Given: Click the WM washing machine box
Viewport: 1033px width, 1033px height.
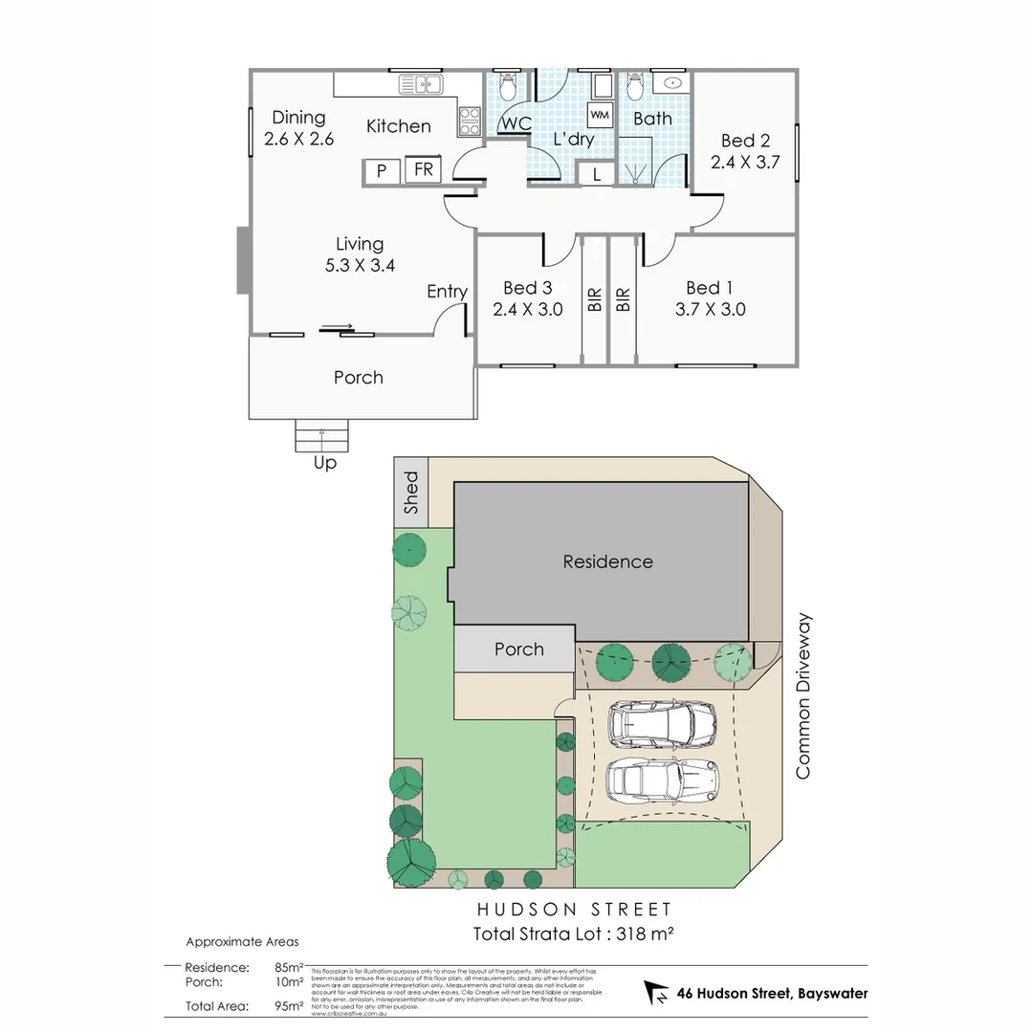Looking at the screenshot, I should point(600,115).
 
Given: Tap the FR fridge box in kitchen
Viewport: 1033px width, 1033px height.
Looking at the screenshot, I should point(423,171).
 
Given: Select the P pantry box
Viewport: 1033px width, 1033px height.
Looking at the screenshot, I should point(382,172).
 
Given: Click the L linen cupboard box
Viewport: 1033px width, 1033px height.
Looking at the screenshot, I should point(597,174).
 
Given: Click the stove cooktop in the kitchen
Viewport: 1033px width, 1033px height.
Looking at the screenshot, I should point(470,121).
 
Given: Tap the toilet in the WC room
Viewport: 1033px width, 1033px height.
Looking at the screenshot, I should point(508,87).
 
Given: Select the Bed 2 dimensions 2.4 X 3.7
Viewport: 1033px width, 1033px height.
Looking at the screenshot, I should point(745,163).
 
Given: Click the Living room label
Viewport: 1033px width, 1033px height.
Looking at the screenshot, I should point(360,244).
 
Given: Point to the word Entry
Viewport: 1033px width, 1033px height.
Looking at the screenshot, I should point(447,292).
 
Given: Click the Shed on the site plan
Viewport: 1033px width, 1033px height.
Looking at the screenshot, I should point(411,492).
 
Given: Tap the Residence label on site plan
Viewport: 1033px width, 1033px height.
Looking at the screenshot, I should point(607,561).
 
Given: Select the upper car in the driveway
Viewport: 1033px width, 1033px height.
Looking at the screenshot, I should point(662,724).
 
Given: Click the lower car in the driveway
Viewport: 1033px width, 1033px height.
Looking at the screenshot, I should point(662,780).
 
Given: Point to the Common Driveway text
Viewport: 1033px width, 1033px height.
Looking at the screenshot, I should point(802,695).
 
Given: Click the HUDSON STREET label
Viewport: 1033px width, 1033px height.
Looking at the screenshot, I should point(574,910).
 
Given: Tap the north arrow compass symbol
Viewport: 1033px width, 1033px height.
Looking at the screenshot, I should point(657,993).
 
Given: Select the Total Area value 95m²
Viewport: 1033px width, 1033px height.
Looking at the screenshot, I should point(289,1005).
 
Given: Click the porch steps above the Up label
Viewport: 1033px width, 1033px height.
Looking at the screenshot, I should point(322,437).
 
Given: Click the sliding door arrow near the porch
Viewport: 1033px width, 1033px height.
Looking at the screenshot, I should point(337,328).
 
